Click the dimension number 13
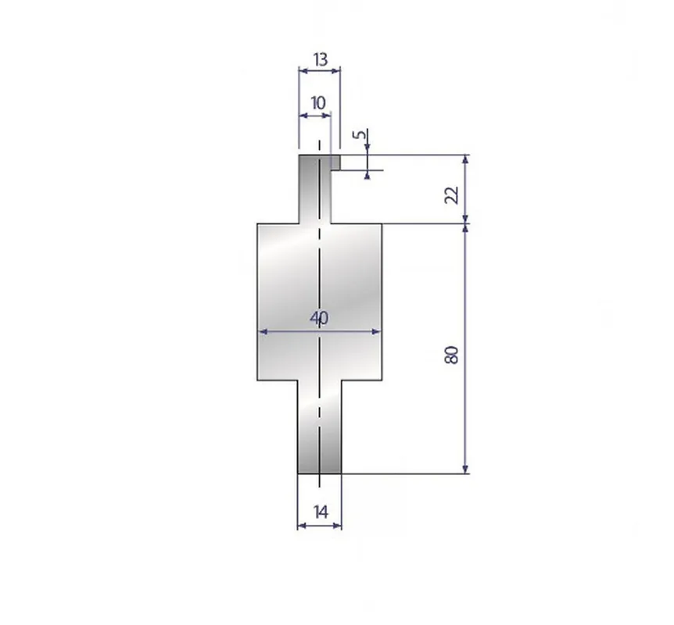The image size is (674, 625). [321, 59]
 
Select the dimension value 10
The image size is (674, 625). [318, 104]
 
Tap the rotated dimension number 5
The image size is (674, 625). [360, 134]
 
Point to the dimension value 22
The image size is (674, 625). [452, 195]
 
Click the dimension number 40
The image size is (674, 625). [319, 318]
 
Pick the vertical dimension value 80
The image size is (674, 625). [451, 355]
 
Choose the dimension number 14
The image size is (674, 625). [321, 512]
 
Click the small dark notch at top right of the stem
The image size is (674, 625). [335, 162]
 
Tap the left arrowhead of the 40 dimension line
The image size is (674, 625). [263, 331]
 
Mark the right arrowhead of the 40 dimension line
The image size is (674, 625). [377, 331]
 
